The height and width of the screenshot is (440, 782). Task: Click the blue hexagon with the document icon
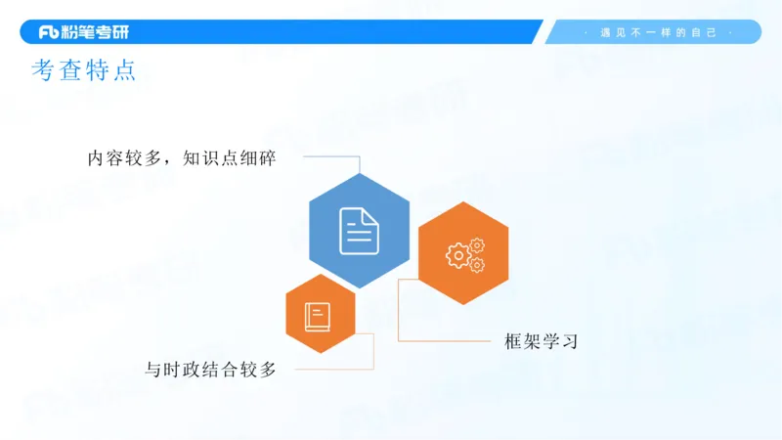pyautogui.click(x=359, y=231)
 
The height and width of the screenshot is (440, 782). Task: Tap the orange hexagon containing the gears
pyautogui.click(x=463, y=253)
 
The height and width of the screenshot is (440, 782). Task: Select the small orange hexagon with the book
pyautogui.click(x=320, y=315)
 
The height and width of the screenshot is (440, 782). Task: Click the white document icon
pyautogui.click(x=359, y=231)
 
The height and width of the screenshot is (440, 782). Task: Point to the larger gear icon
pyautogui.click(x=457, y=256)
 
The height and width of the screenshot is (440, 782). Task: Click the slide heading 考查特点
pyautogui.click(x=83, y=70)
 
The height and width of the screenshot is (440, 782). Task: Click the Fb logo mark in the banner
pyautogui.click(x=50, y=32)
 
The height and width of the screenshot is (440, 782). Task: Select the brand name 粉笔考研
pyautogui.click(x=96, y=32)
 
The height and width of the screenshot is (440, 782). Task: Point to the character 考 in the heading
pyautogui.click(x=43, y=70)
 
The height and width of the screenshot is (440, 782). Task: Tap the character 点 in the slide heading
pyautogui.click(x=124, y=70)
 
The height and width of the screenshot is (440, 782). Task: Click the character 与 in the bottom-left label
pyautogui.click(x=152, y=370)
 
